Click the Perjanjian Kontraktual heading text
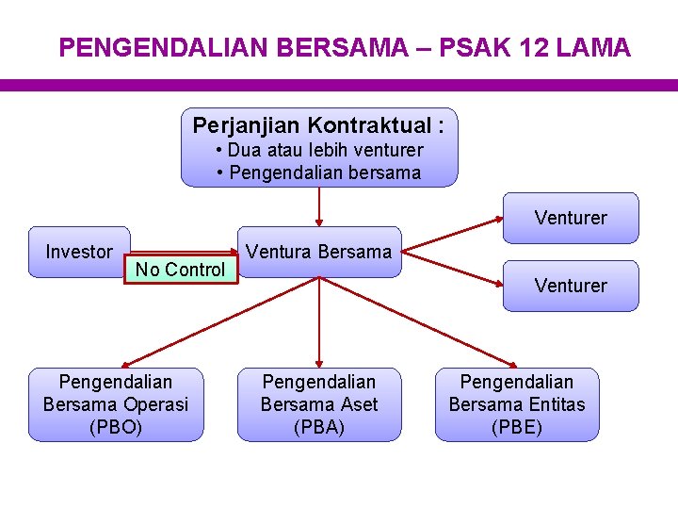click(318, 125)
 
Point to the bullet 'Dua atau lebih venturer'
click(319, 151)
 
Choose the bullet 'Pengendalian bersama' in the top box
click(319, 173)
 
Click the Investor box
click(79, 252)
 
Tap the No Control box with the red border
click(180, 271)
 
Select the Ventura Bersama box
click(319, 252)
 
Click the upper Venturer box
click(571, 218)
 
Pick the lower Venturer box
click(571, 286)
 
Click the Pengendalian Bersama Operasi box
click(116, 404)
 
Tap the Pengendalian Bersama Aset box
click(319, 404)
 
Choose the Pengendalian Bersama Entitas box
click(517, 404)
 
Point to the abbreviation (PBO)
click(116, 427)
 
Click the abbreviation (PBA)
click(319, 427)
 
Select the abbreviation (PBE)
click(517, 427)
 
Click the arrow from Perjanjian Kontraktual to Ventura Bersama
click(319, 207)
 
